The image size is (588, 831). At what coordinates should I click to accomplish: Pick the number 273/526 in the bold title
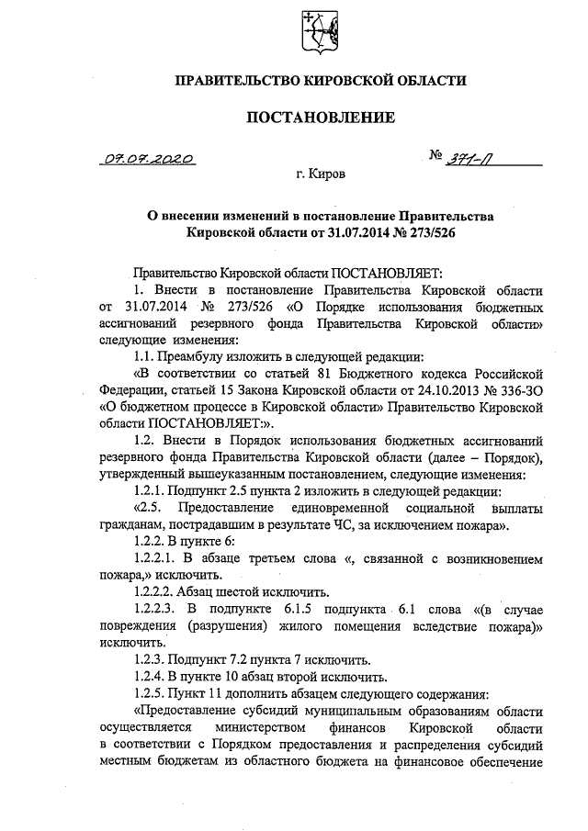pos(424,232)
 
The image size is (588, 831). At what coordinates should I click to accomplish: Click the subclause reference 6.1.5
pos(300,608)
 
